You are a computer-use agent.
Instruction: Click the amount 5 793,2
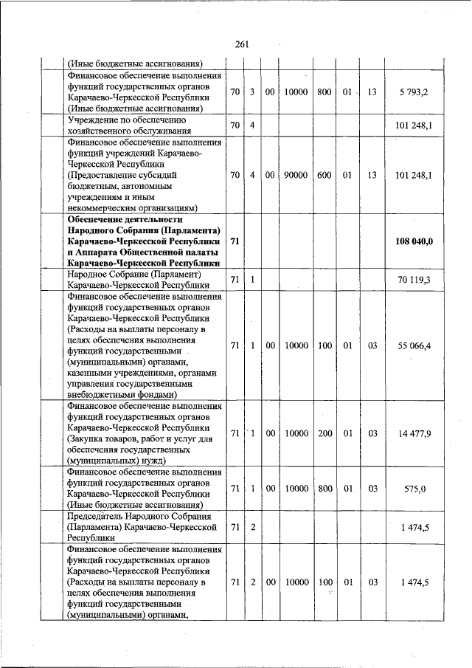click(x=413, y=92)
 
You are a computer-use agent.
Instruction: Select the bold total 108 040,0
click(x=414, y=241)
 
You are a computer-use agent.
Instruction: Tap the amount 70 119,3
click(x=414, y=279)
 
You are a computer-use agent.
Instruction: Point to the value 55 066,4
click(x=414, y=345)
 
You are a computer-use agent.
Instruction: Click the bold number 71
click(x=235, y=241)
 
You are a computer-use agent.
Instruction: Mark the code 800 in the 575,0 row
click(x=324, y=488)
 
